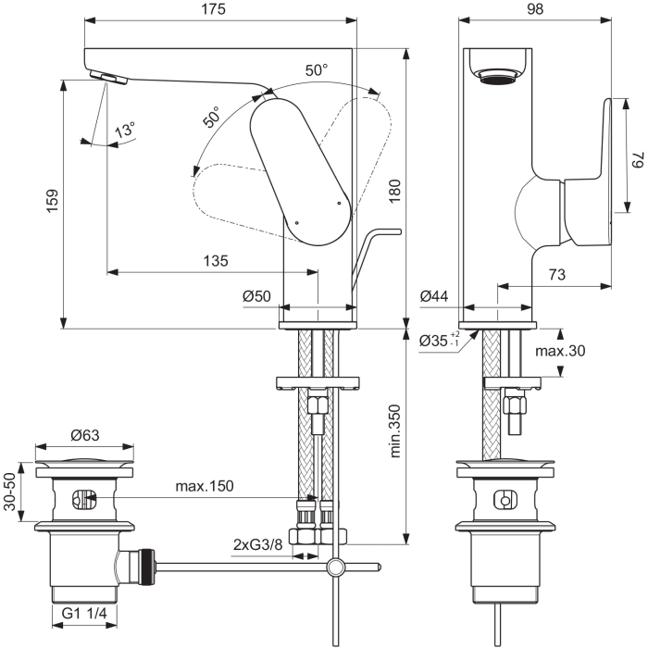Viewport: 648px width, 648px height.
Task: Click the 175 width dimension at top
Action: [220, 9]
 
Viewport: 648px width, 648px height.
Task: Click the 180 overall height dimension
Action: [418, 191]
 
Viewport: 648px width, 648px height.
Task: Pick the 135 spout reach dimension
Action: [215, 261]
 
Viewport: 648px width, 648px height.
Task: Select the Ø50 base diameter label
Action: [256, 296]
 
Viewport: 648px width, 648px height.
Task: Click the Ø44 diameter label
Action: [435, 296]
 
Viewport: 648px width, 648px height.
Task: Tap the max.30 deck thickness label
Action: [559, 351]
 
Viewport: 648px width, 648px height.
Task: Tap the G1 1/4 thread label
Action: [83, 613]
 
